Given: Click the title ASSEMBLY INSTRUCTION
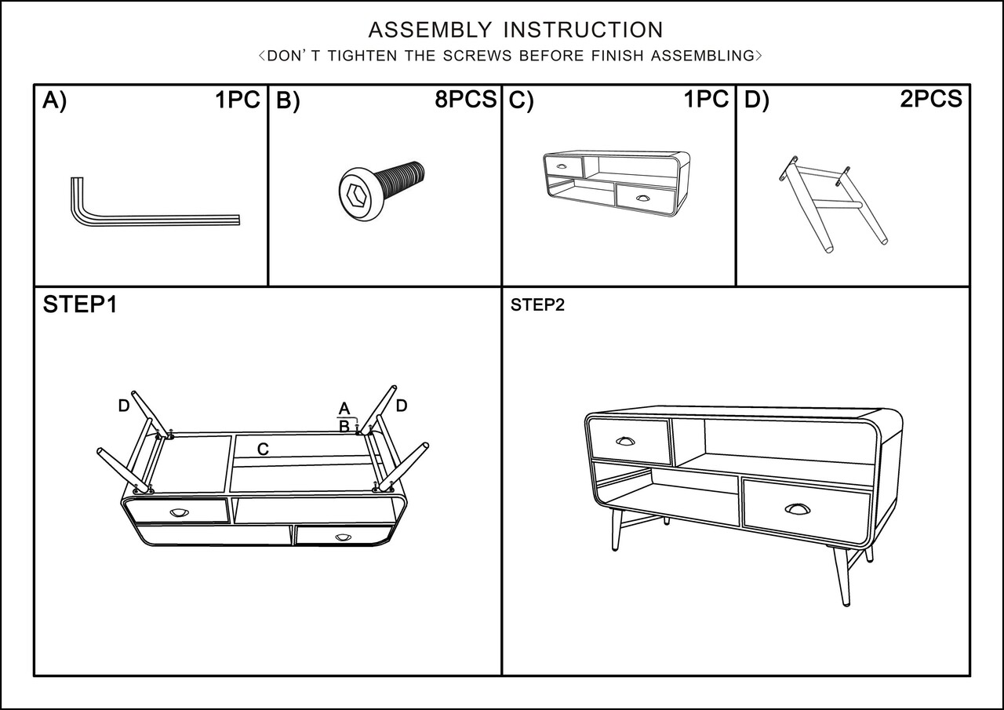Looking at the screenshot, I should tap(515, 30).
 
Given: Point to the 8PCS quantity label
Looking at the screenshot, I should tap(466, 100).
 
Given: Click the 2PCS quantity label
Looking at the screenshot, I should tap(931, 99).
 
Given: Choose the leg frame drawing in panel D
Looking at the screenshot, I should tap(833, 206).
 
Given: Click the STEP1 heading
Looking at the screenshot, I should tap(80, 305).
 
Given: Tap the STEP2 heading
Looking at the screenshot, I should tap(537, 306).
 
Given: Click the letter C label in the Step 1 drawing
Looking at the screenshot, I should tap(264, 449).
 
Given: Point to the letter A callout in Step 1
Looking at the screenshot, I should tap(344, 409).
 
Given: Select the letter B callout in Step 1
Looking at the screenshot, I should tap(344, 427).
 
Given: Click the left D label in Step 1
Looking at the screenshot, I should tap(123, 406).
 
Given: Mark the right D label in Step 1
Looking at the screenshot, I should tap(402, 406).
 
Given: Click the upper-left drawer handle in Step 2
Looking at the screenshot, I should tap(625, 441).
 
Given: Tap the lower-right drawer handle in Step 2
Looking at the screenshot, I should tap(797, 509).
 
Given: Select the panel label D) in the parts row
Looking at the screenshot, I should tap(756, 101).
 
